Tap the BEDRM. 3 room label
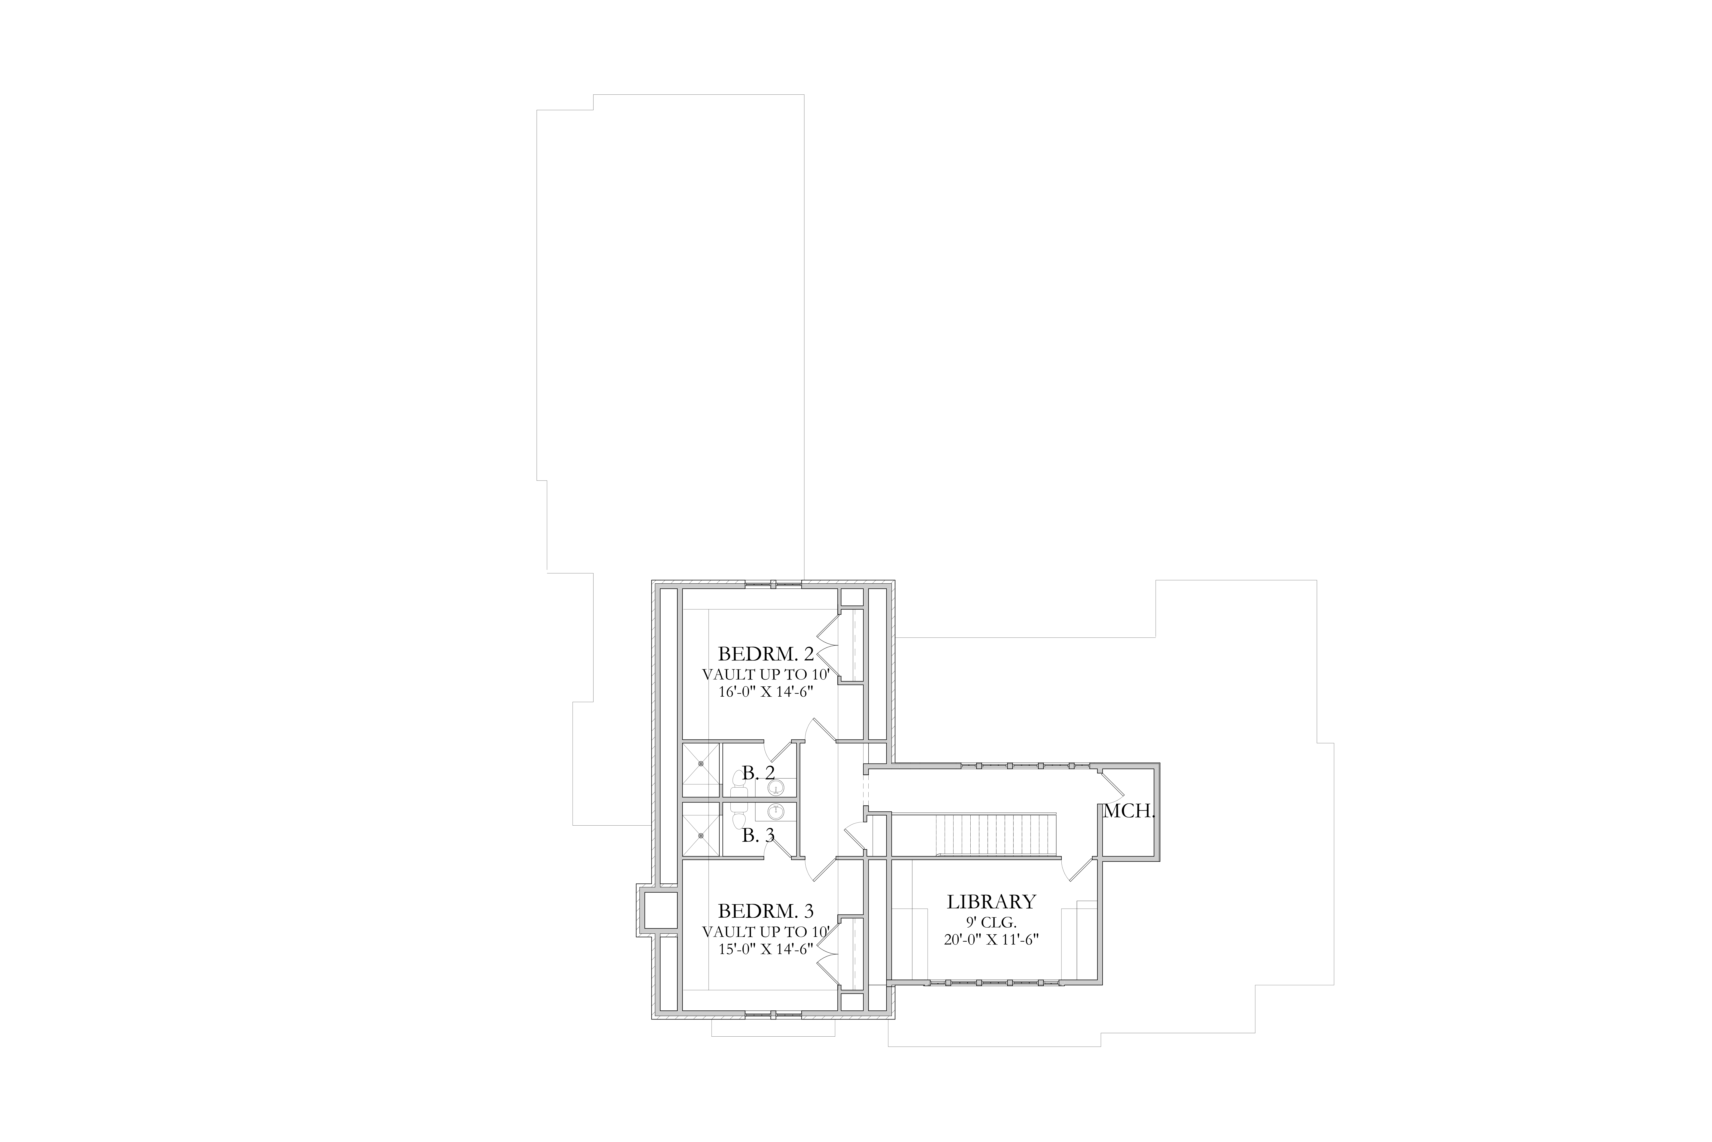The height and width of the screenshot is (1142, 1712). click(766, 911)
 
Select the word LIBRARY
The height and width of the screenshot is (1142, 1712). click(991, 902)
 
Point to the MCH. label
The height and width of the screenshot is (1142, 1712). click(1129, 811)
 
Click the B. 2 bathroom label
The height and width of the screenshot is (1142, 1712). click(759, 773)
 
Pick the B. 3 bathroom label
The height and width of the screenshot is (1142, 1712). click(759, 836)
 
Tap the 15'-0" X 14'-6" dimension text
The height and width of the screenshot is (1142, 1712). click(766, 949)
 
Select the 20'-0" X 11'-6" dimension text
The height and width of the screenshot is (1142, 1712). click(991, 940)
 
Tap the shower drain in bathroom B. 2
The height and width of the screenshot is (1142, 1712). click(701, 763)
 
